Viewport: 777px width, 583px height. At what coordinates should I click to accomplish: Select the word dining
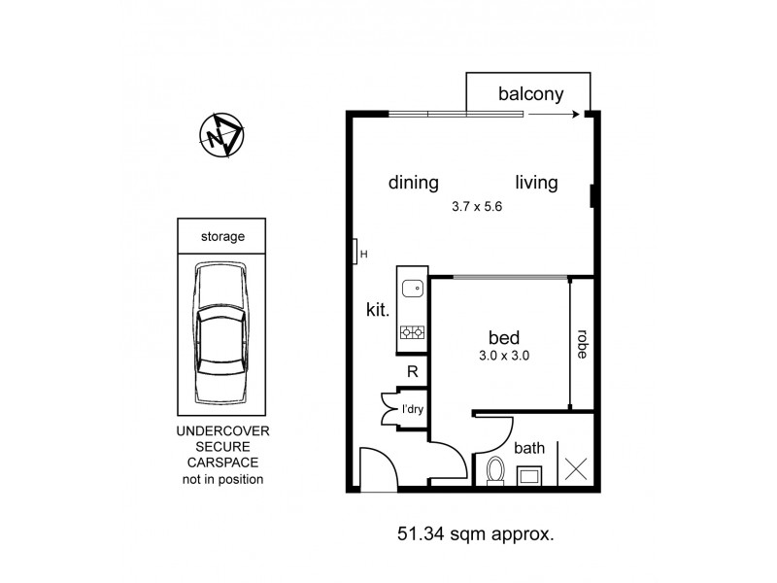[414, 183]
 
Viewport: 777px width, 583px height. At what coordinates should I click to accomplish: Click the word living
[536, 183]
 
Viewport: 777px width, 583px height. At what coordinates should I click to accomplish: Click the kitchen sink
[412, 288]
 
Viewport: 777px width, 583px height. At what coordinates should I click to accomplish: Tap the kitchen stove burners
[412, 333]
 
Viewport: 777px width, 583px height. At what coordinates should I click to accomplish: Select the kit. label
[378, 312]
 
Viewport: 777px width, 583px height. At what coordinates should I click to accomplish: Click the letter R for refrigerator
[412, 371]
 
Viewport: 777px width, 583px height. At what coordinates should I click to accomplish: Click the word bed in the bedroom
[503, 338]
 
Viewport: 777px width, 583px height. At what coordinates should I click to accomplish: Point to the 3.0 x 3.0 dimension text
[504, 356]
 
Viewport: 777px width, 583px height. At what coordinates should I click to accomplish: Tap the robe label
[582, 345]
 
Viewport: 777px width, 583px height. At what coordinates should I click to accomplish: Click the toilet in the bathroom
[493, 471]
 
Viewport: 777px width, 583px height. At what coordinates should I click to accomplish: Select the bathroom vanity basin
[530, 474]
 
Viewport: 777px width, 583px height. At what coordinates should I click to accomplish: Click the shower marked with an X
[575, 467]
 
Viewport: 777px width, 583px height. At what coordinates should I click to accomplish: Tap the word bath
[529, 448]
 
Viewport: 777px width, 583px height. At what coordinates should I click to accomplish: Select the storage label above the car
[221, 236]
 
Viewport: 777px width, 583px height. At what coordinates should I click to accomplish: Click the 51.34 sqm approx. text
[475, 532]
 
